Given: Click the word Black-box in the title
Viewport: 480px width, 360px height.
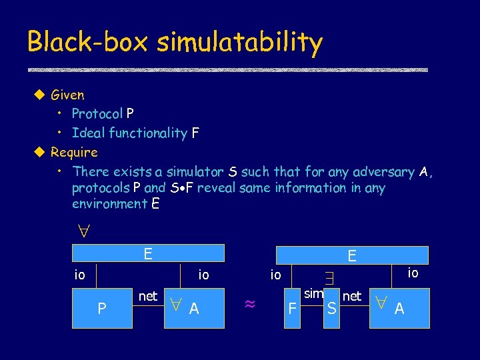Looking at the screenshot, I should (88, 42).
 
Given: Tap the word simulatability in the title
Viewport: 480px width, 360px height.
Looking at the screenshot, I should (240, 43).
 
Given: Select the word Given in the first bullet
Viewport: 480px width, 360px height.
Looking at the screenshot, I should (67, 95).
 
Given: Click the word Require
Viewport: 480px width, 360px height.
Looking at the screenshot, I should (74, 152).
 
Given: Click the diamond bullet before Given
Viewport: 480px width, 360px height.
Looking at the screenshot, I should (39, 95).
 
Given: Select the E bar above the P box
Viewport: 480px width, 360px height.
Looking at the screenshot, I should (149, 253).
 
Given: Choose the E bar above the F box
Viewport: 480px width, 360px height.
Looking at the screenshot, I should (351, 255).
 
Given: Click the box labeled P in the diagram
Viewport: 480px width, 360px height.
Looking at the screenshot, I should (102, 308).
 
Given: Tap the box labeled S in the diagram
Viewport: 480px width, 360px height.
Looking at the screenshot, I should (331, 308).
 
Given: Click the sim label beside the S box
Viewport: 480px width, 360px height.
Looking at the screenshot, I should (313, 294).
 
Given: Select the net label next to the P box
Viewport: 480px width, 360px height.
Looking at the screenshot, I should (148, 295).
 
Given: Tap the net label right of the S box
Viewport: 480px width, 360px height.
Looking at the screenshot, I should (351, 295).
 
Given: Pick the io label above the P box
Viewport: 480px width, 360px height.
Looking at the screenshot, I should (79, 275).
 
